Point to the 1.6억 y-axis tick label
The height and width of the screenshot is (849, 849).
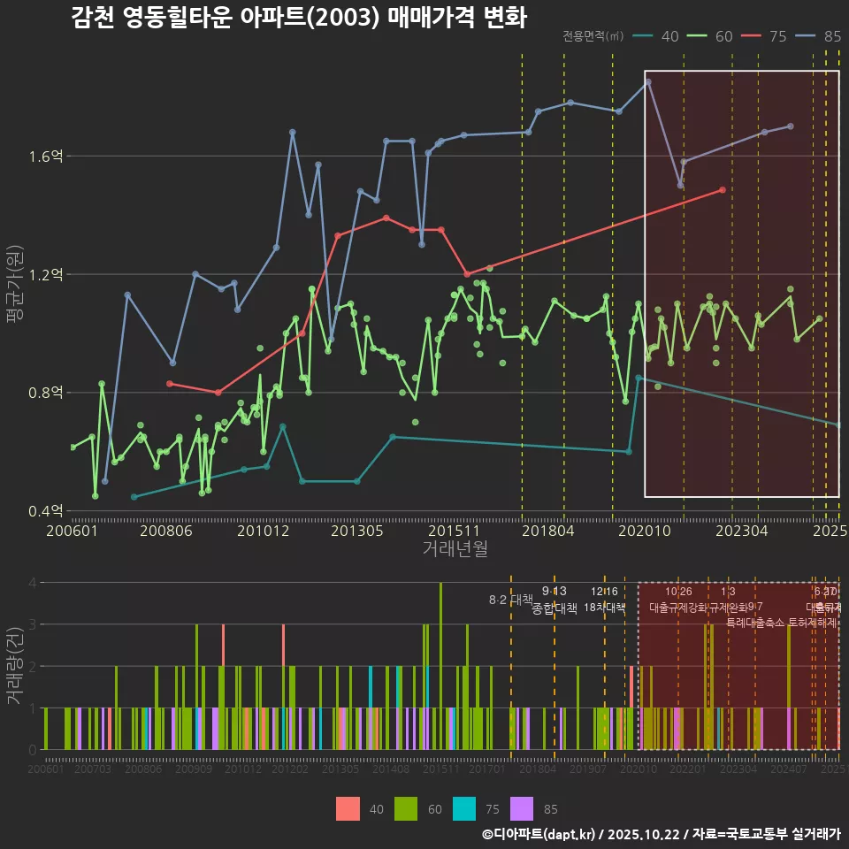45,157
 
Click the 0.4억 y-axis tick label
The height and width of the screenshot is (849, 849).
45,510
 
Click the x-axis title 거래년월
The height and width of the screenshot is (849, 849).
455,549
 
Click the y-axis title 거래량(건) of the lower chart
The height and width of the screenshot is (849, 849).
15,666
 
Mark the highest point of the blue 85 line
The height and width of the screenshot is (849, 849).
648,81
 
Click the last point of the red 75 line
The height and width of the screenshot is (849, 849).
723,189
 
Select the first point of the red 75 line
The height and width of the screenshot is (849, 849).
169,383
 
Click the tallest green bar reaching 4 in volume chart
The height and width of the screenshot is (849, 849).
440,666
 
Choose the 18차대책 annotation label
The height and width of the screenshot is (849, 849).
605,608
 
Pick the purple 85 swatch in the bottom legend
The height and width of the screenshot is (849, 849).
523,808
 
